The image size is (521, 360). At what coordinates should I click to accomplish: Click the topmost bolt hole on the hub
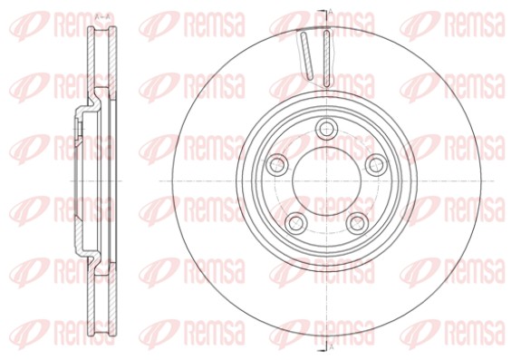326,127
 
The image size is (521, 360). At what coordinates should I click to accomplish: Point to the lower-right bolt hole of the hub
356,221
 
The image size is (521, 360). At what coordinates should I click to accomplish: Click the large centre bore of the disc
325,179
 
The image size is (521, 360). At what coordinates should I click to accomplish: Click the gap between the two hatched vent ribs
317,56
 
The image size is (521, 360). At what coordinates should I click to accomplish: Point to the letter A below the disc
332,347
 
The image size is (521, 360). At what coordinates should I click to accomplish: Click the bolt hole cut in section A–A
74,127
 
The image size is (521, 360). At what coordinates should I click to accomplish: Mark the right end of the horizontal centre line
495,180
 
